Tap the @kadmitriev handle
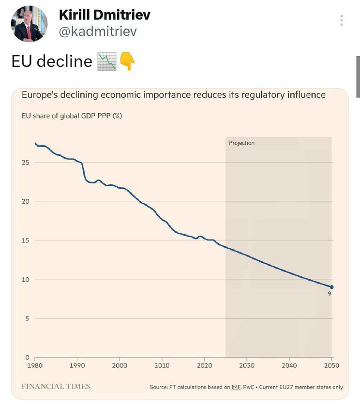coord(98,32)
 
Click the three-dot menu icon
coord(342,20)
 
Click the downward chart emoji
coord(106,61)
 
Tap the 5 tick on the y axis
coord(27,318)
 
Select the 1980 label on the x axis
coord(34,366)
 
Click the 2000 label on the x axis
coord(120,366)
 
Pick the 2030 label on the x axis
coord(247,366)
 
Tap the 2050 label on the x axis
coord(331,366)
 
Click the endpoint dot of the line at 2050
coord(331,287)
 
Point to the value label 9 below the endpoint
coord(330,294)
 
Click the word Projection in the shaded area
coord(241,143)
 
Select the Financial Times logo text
coord(56,386)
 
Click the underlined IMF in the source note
coord(236,387)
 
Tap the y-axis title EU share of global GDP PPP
coord(71,116)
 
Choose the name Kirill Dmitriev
coord(105,15)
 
